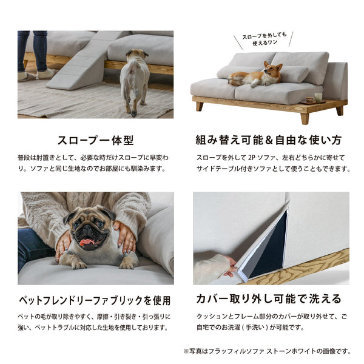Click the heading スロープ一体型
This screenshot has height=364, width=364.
click(x=95, y=140)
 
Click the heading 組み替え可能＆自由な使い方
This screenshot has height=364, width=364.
click(x=269, y=140)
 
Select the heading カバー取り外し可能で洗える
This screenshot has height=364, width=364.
click(x=268, y=299)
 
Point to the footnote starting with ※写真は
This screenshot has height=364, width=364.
click(x=267, y=351)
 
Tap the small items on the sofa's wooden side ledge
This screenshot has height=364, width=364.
click(x=314, y=99)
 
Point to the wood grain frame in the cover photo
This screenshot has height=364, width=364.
click(x=303, y=267)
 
